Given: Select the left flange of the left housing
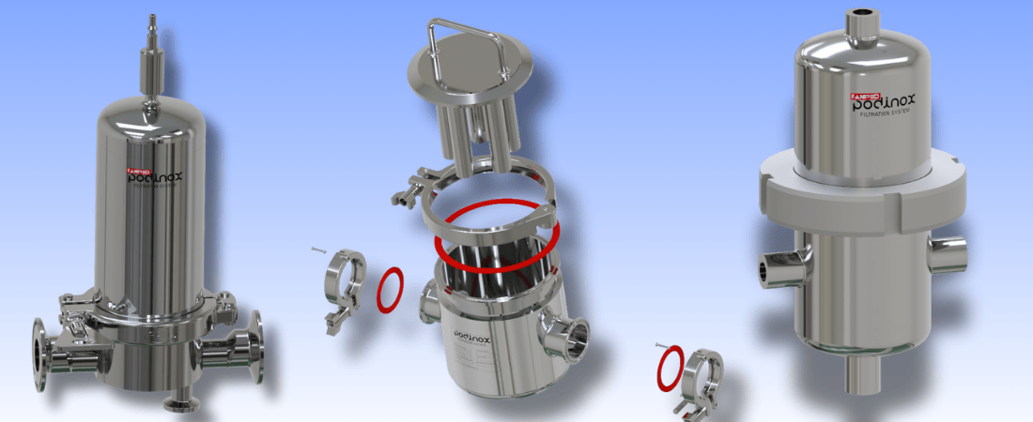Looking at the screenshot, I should [40, 354].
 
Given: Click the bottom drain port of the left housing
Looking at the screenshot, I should [173, 404].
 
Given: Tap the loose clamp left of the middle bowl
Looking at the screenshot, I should [343, 289].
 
